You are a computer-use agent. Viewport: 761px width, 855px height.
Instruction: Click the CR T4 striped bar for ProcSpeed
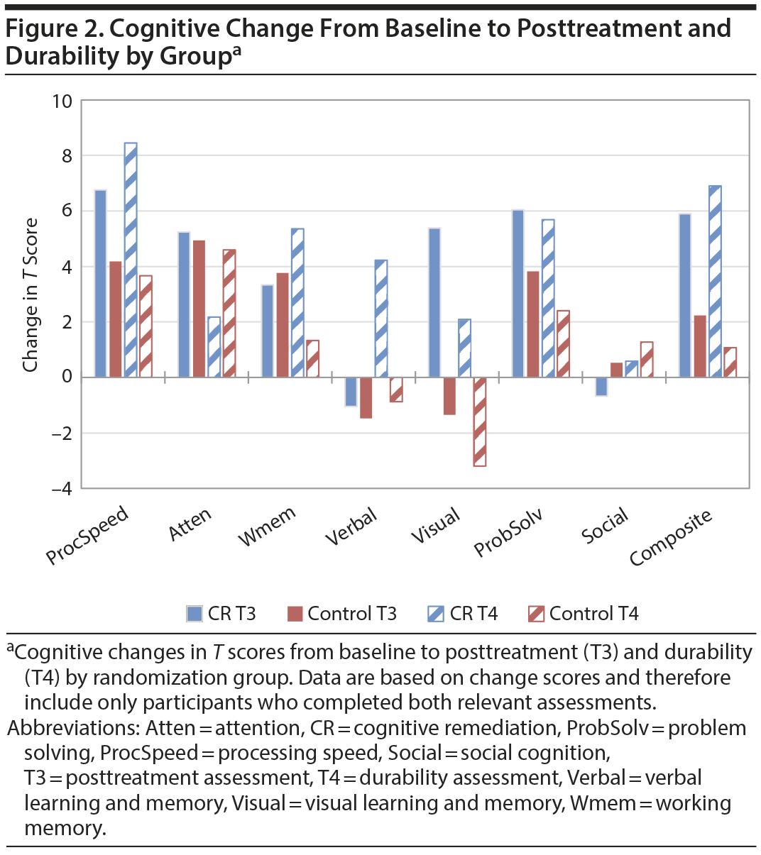(x=131, y=260)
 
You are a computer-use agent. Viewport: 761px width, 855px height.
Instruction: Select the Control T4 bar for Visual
(x=480, y=421)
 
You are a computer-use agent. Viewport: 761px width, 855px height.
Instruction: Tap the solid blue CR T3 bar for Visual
(x=434, y=302)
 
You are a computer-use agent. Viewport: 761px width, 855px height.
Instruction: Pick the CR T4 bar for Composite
(x=716, y=281)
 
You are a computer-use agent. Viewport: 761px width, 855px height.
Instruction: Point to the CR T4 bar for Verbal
(x=381, y=319)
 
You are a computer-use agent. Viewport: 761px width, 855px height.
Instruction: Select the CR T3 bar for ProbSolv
(x=518, y=293)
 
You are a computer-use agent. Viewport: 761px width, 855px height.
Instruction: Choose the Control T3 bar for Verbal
(x=366, y=397)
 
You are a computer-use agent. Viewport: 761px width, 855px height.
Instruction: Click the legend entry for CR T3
(x=221, y=614)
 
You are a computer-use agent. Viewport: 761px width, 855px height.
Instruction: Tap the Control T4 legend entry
(x=584, y=614)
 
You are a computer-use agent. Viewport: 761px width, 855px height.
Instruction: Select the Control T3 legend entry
(x=341, y=614)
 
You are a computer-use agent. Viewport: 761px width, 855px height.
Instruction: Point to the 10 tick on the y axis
(x=62, y=101)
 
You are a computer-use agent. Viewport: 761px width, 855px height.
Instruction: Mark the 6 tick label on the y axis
(x=67, y=211)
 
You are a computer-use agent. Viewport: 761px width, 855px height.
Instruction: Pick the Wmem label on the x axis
(x=267, y=526)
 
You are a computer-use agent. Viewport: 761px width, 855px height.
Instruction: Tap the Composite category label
(x=671, y=537)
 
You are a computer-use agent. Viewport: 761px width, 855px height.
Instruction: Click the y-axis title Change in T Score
(x=31, y=294)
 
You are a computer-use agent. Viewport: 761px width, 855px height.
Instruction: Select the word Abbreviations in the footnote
(x=72, y=728)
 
